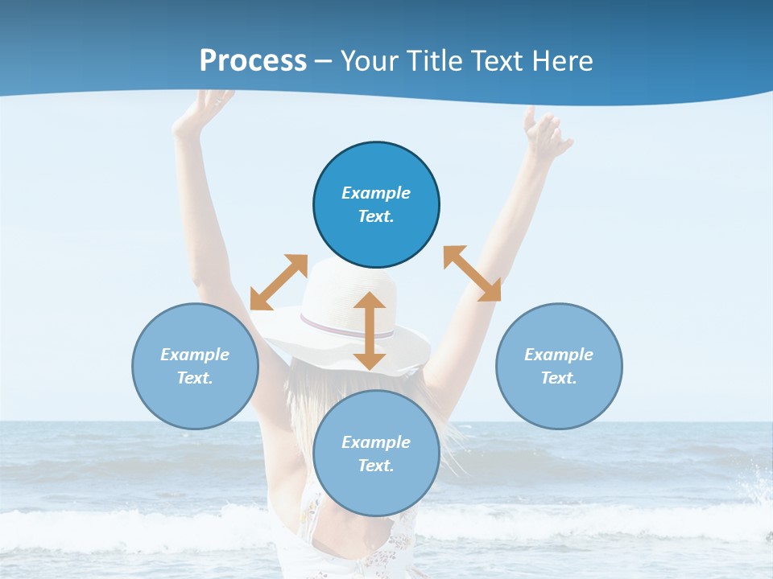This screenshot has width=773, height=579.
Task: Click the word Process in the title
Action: (253, 61)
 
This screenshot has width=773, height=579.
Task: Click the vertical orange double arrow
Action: (370, 331)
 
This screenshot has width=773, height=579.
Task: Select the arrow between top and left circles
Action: (279, 282)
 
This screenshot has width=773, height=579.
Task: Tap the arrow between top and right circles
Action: (472, 273)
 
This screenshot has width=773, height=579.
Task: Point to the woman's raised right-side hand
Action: (546, 133)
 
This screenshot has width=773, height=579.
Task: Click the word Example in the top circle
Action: (376, 193)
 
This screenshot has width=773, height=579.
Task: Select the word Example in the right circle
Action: (559, 355)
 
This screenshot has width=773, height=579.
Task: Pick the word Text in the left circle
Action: (195, 378)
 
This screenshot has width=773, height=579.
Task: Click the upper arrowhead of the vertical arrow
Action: (370, 302)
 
